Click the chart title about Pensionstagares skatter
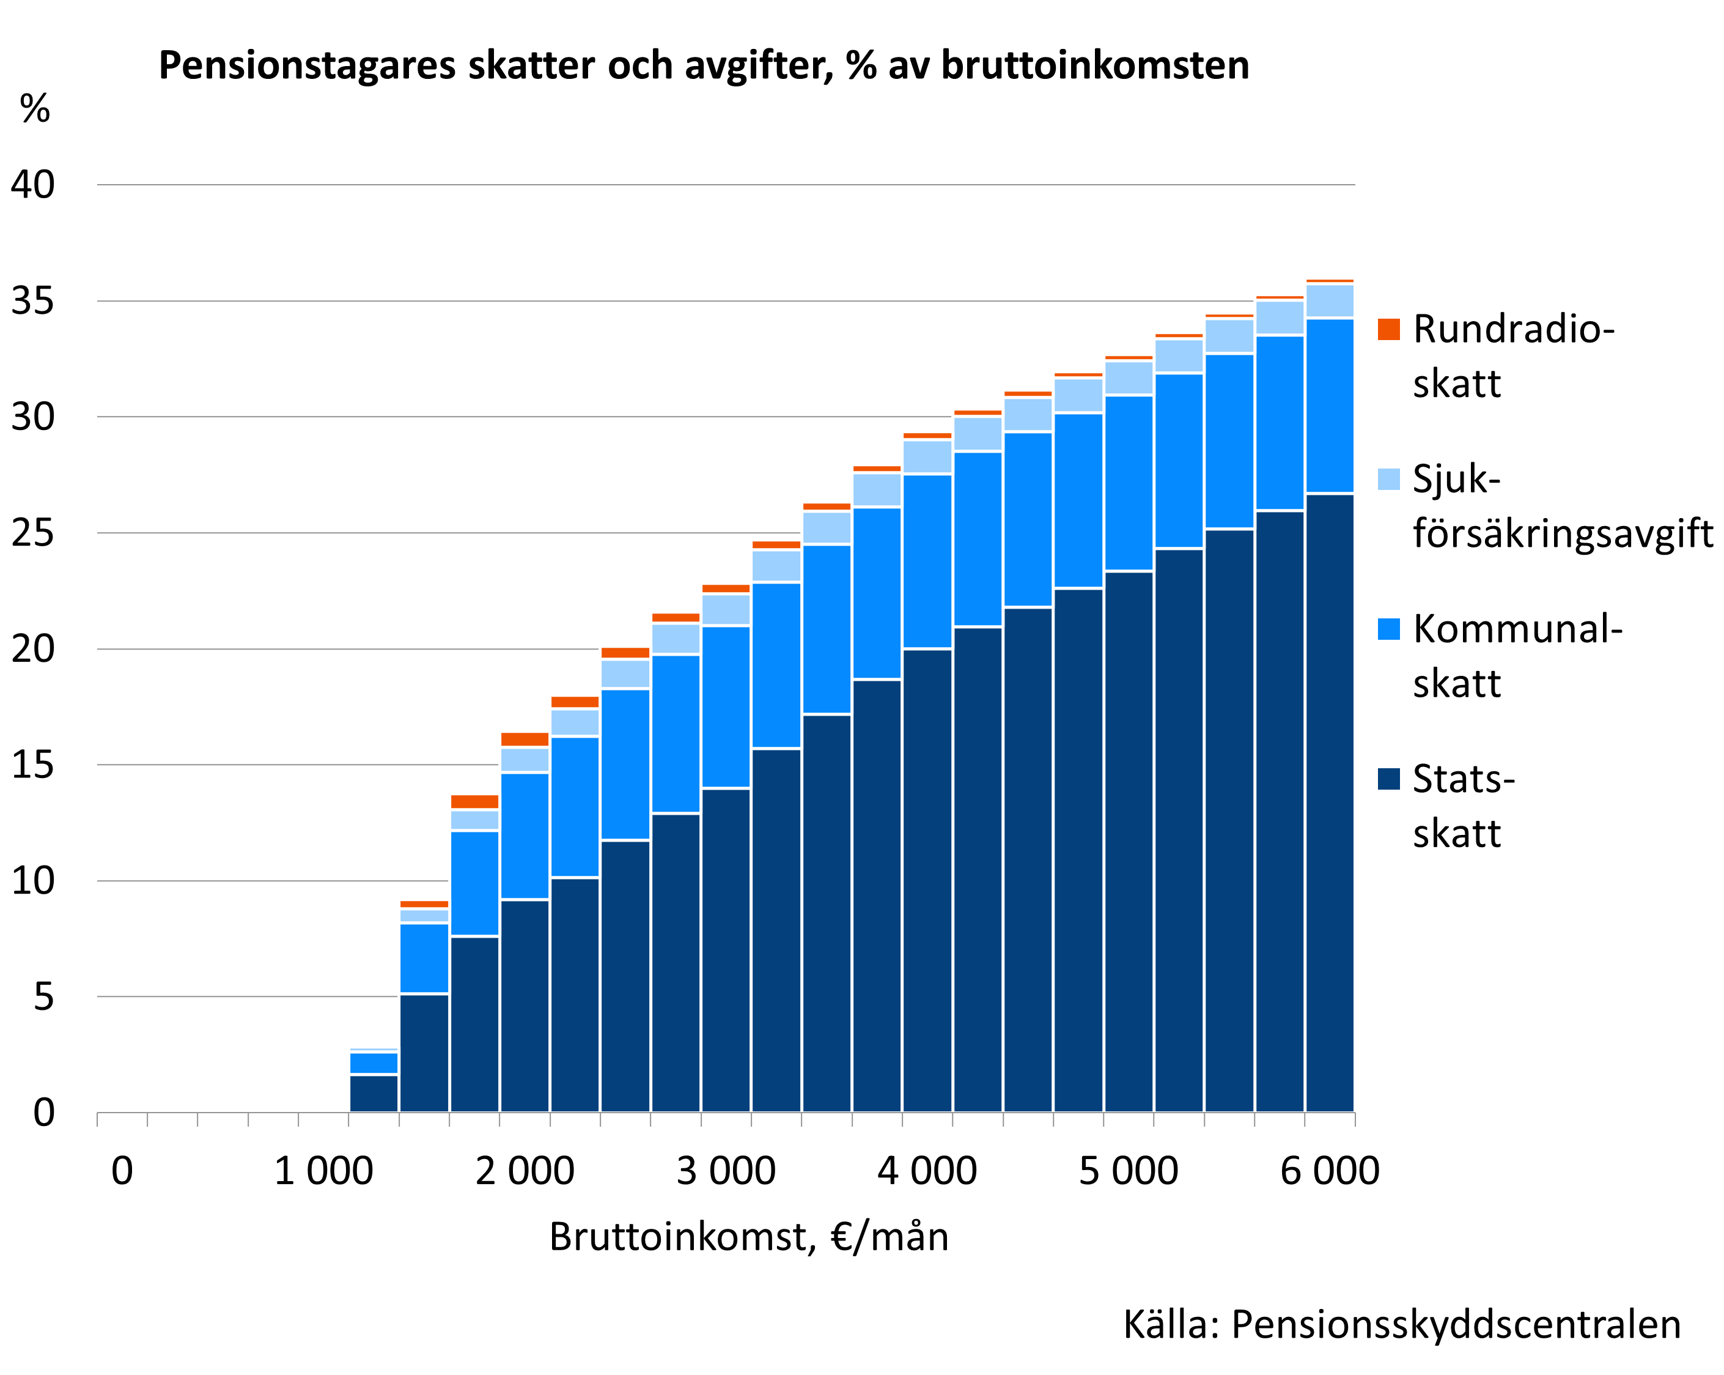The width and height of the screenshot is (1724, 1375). pyautogui.click(x=704, y=65)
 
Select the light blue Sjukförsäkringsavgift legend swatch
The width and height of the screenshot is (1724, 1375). pyautogui.click(x=1389, y=479)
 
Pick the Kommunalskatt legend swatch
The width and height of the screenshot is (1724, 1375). pyautogui.click(x=1389, y=629)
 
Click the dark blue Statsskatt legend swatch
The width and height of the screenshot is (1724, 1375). pyautogui.click(x=1389, y=778)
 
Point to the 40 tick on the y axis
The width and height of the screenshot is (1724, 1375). pyautogui.click(x=33, y=185)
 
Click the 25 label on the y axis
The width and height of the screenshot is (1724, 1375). pyautogui.click(x=33, y=533)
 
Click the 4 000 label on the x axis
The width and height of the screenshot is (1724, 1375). pyautogui.click(x=927, y=1171)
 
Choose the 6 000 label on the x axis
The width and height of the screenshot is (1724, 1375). pyautogui.click(x=1330, y=1171)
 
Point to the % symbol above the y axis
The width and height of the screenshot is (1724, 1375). pyautogui.click(x=34, y=108)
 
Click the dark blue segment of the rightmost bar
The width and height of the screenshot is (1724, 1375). pyautogui.click(x=1329, y=800)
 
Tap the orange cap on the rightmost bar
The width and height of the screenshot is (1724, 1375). pyautogui.click(x=1329, y=281)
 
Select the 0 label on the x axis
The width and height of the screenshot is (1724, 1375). pyautogui.click(x=122, y=1171)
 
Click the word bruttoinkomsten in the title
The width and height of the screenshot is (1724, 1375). pyautogui.click(x=1095, y=65)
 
